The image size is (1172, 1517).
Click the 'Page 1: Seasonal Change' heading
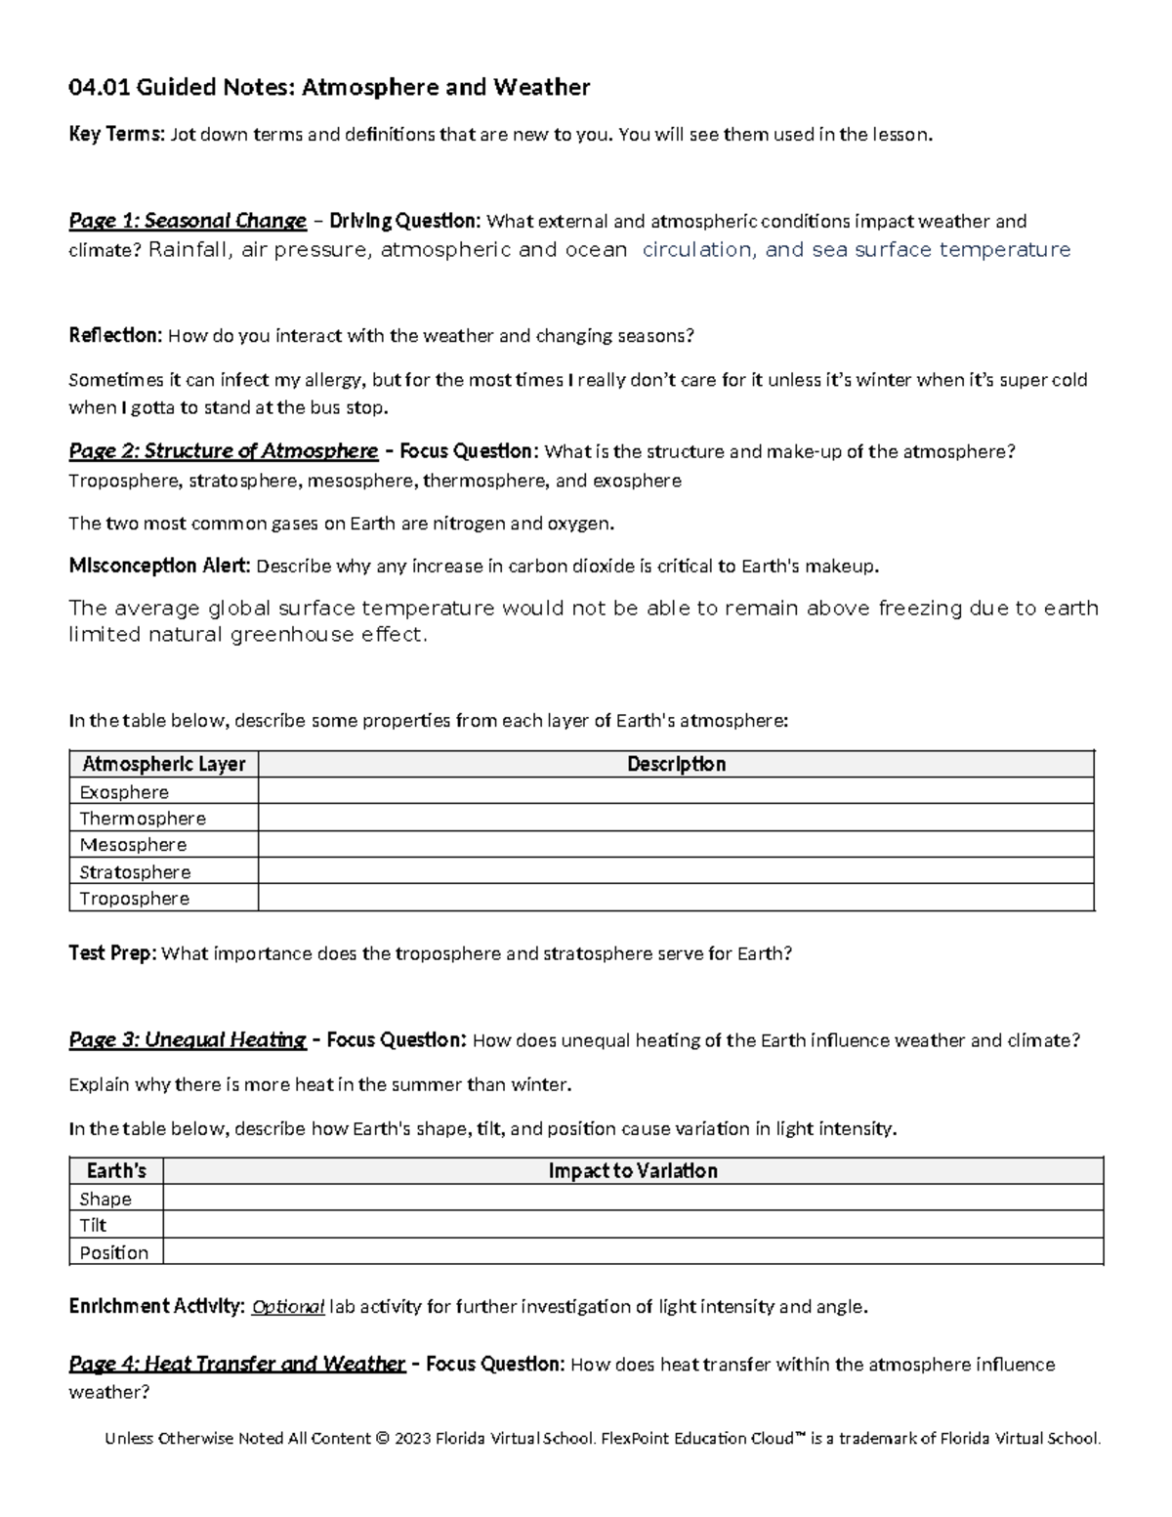[187, 221]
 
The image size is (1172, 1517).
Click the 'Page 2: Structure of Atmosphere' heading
[223, 451]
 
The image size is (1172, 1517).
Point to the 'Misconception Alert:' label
[159, 567]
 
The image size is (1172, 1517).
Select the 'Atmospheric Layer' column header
[163, 764]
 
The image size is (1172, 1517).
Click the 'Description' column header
[676, 764]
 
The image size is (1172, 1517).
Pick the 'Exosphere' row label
[124, 792]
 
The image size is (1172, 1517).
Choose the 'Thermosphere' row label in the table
[143, 819]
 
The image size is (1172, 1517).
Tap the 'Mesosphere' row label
[133, 845]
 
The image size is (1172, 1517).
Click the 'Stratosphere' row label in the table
[135, 872]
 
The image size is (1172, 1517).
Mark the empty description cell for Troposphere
[676, 899]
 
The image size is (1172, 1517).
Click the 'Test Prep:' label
[112, 953]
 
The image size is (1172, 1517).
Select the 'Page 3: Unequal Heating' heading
[187, 1040]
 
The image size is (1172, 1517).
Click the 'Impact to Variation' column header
[633, 1171]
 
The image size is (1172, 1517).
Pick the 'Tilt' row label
[93, 1226]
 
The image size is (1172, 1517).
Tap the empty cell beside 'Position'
[633, 1252]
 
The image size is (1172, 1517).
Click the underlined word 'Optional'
[287, 1307]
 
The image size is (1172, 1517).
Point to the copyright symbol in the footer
[382, 1439]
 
